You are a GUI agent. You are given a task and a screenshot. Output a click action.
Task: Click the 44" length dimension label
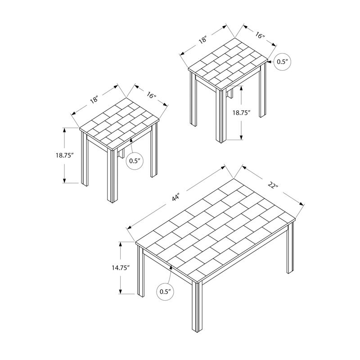click(x=175, y=197)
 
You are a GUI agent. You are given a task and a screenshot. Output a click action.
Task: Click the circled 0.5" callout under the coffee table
click(x=165, y=292)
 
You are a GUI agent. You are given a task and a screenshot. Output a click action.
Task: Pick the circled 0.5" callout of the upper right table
click(x=282, y=62)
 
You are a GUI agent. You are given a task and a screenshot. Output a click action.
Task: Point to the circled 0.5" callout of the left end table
click(x=135, y=161)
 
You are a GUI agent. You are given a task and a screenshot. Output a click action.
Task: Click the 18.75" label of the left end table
click(x=64, y=155)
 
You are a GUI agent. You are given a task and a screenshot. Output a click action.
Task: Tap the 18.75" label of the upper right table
click(x=241, y=112)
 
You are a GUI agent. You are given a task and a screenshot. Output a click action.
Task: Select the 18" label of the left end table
click(x=94, y=100)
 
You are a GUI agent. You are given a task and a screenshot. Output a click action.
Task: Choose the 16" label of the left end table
click(x=152, y=95)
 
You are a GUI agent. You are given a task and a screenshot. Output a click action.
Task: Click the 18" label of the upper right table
click(x=203, y=40)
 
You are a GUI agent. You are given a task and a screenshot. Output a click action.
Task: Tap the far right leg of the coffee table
click(x=290, y=247)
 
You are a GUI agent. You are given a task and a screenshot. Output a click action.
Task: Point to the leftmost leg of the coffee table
click(x=141, y=271)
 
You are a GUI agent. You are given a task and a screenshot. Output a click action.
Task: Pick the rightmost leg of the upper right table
click(x=263, y=90)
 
